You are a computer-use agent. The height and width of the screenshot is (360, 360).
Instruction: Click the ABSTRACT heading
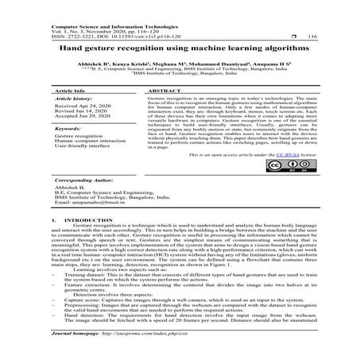(161, 91)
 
